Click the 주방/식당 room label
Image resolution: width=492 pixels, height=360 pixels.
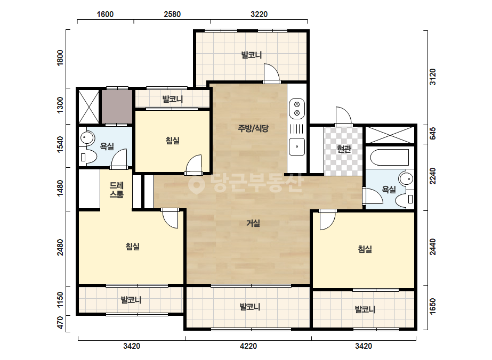point(253,128)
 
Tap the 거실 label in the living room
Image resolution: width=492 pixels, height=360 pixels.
point(253,223)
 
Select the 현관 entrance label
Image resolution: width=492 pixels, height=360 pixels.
point(344,149)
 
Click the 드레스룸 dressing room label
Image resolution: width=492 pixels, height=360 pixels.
point(116,190)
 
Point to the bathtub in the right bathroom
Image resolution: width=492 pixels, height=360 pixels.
point(390,157)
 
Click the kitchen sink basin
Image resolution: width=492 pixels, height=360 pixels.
point(296,146)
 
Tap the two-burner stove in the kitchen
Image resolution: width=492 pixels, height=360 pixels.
point(297,109)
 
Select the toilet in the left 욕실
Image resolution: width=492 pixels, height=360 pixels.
point(87,157)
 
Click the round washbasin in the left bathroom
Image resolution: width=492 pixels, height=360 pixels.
point(87,137)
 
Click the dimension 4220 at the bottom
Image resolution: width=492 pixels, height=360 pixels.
point(248,346)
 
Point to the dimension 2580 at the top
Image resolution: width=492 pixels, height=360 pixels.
point(172,14)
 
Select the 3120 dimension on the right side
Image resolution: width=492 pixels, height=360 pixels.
point(433,77)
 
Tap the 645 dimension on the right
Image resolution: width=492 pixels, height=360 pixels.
point(433,134)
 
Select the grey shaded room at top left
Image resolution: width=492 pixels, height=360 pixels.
point(117,107)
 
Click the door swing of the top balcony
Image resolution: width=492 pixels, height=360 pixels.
point(271,73)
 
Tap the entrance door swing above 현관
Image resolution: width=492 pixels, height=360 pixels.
point(343,116)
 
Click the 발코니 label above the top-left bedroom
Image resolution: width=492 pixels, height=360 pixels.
point(172,100)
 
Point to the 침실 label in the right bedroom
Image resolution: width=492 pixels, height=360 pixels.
point(365,249)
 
